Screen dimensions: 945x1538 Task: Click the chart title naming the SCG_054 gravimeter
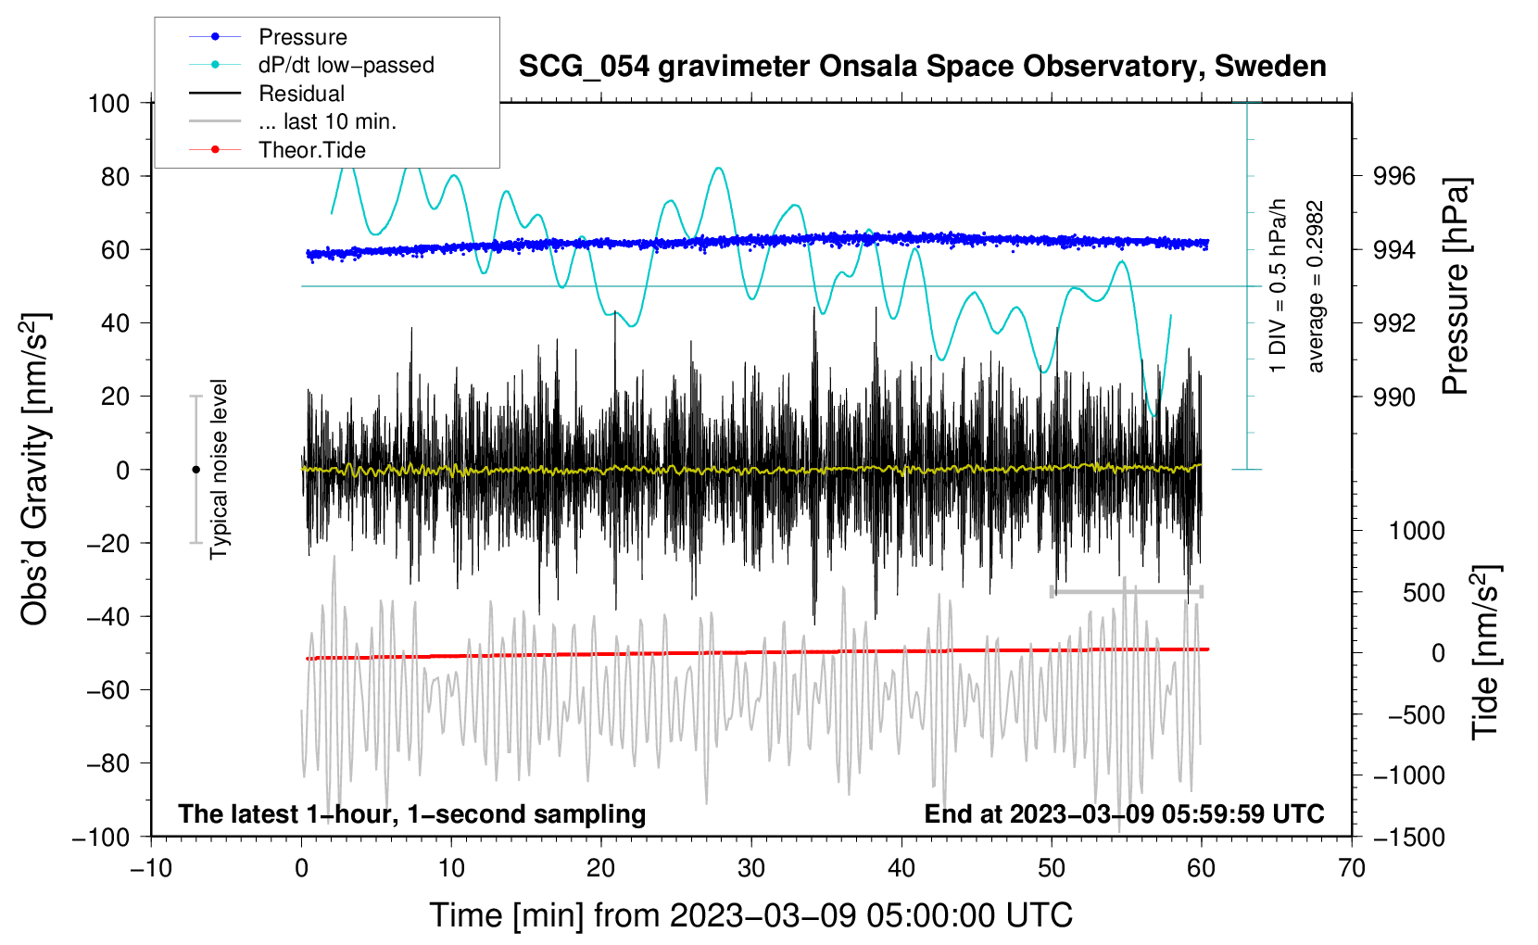pyautogui.click(x=922, y=67)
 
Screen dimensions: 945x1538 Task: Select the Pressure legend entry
pyautogui.click(x=302, y=37)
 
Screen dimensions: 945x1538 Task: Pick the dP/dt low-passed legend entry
pyautogui.click(x=346, y=65)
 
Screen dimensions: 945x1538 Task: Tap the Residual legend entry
pyautogui.click(x=301, y=94)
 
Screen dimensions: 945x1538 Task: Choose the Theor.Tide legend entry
pyautogui.click(x=311, y=150)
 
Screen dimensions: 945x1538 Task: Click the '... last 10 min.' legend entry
pyautogui.click(x=327, y=121)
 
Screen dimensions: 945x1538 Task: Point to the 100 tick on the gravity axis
pyautogui.click(x=108, y=103)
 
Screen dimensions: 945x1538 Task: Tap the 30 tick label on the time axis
pyautogui.click(x=750, y=868)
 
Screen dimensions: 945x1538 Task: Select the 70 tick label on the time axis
pyautogui.click(x=1351, y=868)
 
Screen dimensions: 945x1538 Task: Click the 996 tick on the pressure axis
pyautogui.click(x=1394, y=176)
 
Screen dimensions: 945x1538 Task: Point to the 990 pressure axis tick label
pyautogui.click(x=1394, y=397)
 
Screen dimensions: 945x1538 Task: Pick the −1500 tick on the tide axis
pyautogui.click(x=1408, y=837)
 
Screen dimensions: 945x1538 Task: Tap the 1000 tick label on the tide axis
pyautogui.click(x=1416, y=531)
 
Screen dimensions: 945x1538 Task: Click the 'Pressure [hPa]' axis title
pyautogui.click(x=1456, y=286)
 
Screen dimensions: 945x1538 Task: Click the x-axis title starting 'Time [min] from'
pyautogui.click(x=750, y=915)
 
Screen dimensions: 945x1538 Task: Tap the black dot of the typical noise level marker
pyautogui.click(x=195, y=470)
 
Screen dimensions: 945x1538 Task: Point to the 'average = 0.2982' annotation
pyautogui.click(x=1315, y=286)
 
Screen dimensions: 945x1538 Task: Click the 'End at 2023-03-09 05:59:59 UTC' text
pyautogui.click(x=1124, y=813)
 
